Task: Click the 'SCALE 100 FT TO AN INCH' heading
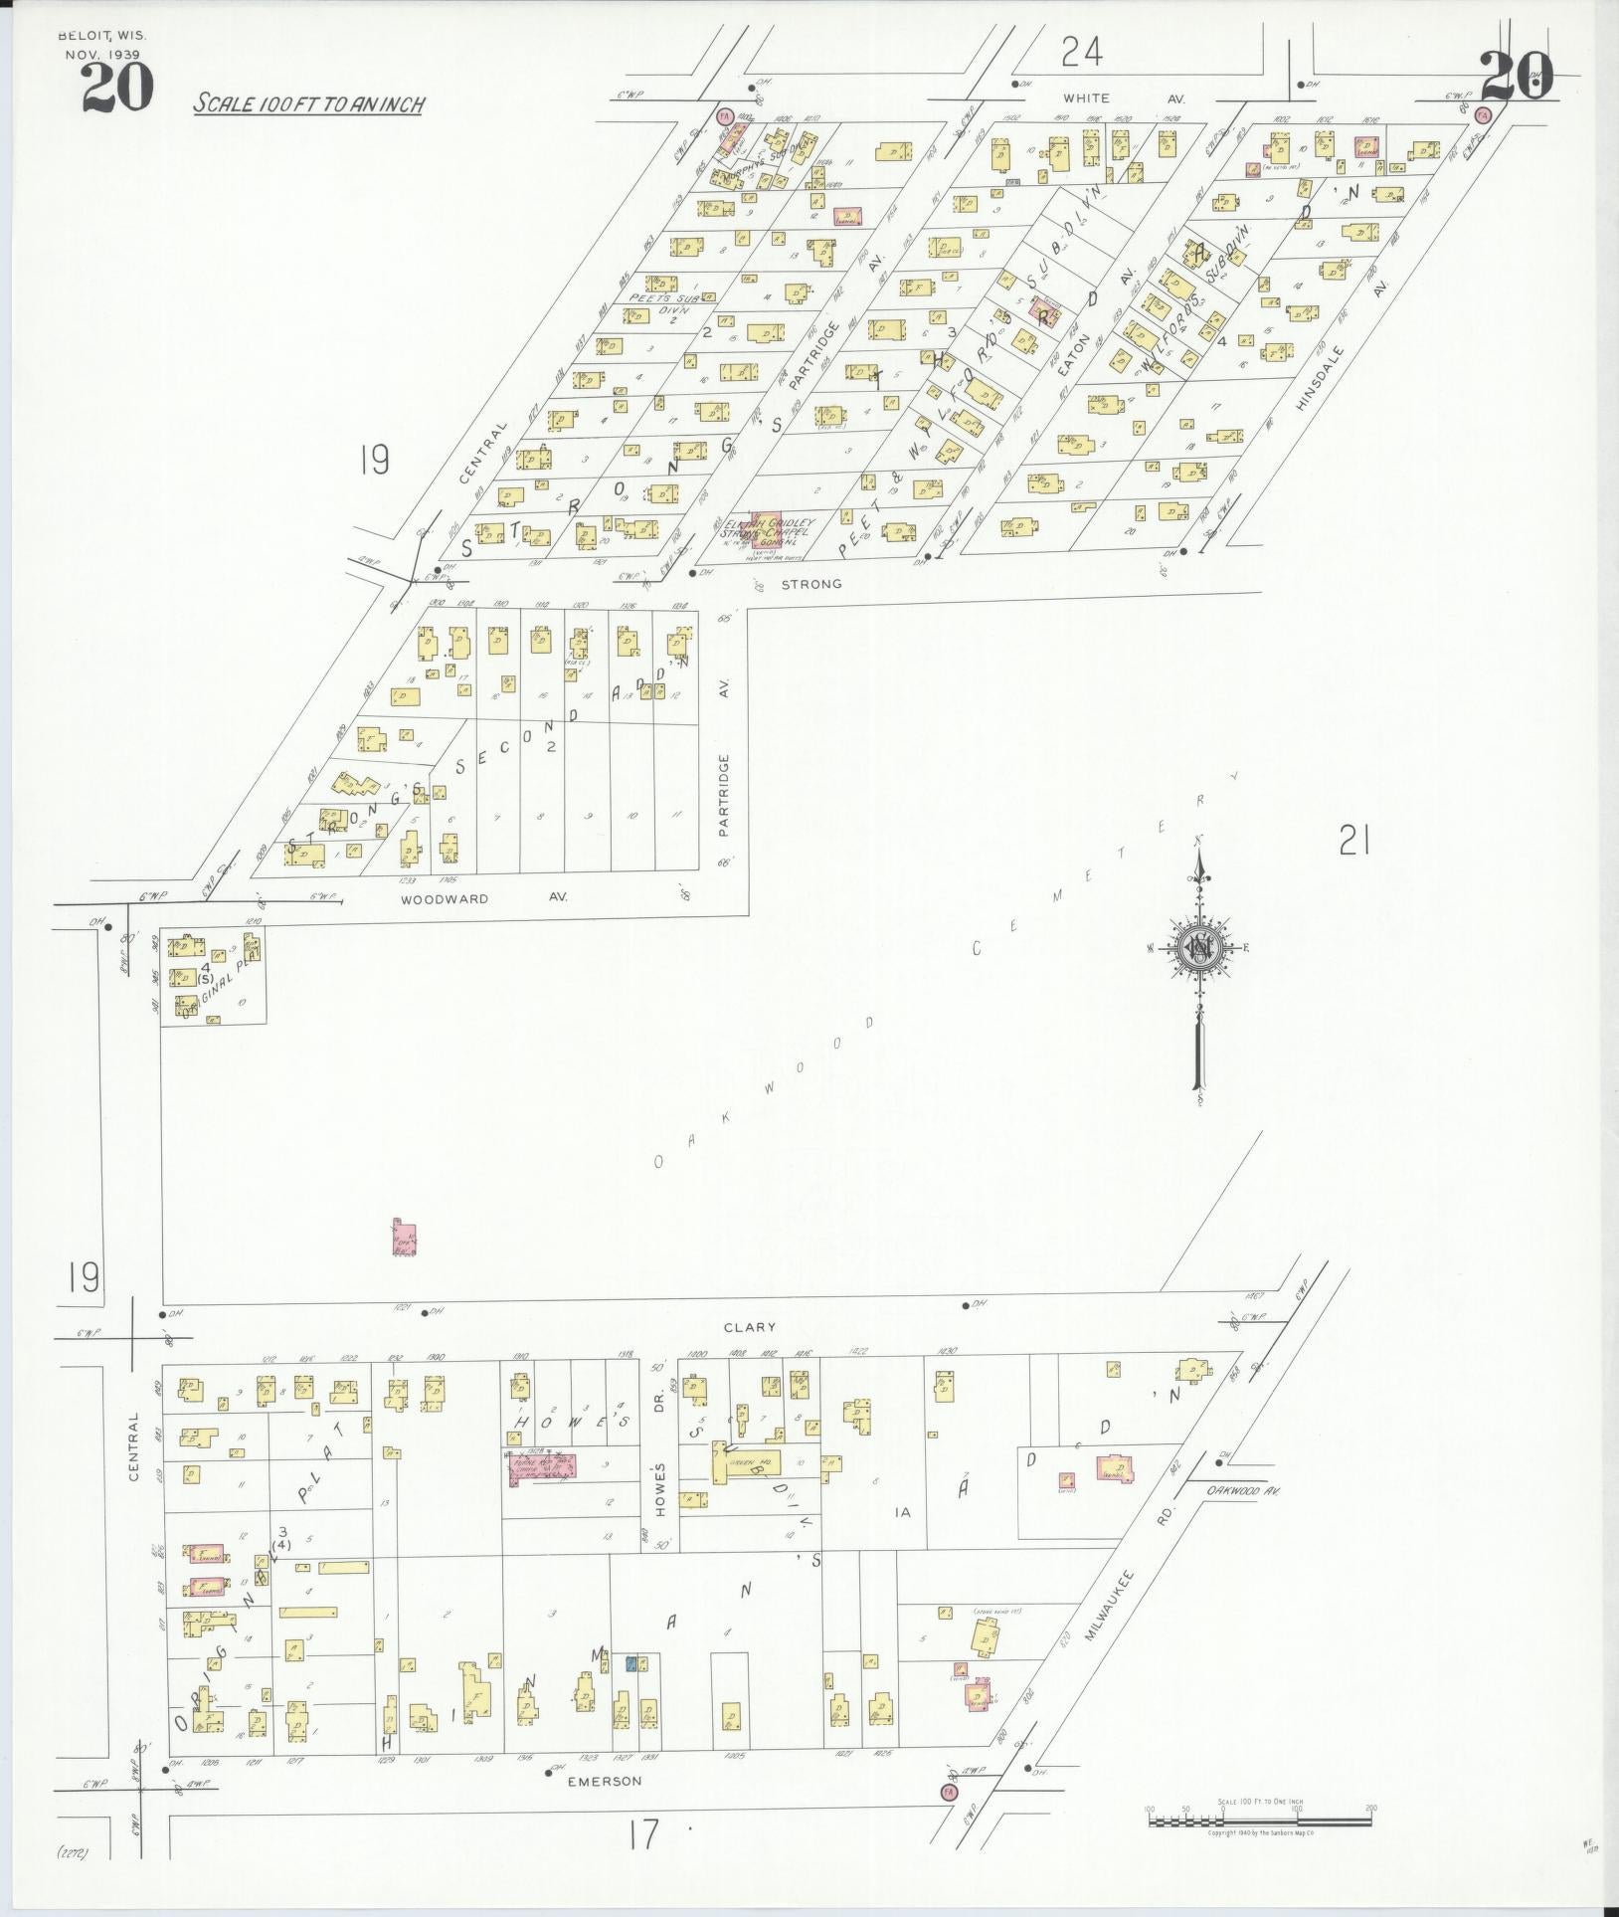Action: tap(309, 102)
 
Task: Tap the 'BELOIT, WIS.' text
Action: tap(102, 35)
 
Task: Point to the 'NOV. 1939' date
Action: tap(102, 54)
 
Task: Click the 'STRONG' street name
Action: tap(811, 584)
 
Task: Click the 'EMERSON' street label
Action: tap(604, 1781)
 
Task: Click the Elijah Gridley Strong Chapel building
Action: tap(764, 527)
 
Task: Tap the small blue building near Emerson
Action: tap(630, 1662)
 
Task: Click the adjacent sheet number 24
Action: tap(1082, 51)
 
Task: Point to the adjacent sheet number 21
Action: tap(1354, 844)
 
